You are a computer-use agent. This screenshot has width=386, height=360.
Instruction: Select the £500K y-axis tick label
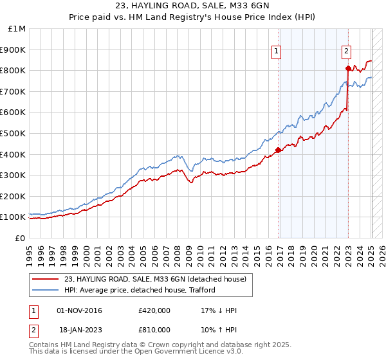pos(14,133)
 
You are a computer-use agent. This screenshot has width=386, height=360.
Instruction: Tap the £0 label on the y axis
pos(21,238)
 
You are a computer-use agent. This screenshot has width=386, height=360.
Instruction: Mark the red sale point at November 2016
pos(278,150)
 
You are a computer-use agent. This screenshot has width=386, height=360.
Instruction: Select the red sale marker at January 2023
pos(348,68)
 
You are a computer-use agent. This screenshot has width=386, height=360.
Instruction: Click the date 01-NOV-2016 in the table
pos(79,311)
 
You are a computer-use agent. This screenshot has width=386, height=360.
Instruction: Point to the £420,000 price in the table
pos(154,311)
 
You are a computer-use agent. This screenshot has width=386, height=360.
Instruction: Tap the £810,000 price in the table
pos(154,330)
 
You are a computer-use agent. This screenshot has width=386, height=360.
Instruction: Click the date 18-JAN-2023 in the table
pos(79,330)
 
